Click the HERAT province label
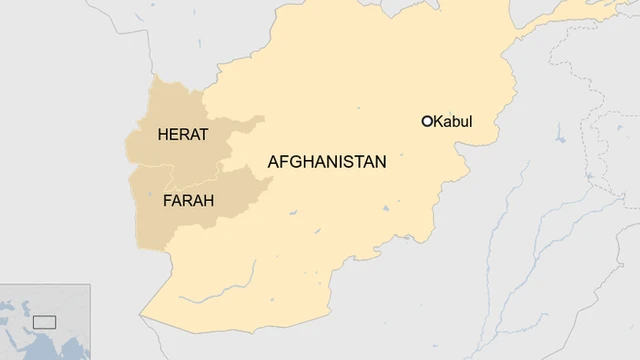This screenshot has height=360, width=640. tap(183, 135)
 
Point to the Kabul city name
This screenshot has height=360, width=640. tap(453, 122)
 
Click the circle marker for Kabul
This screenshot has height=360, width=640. tap(427, 122)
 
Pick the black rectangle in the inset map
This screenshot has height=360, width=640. tap(43, 322)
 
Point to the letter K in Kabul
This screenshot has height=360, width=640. tap(438, 122)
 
